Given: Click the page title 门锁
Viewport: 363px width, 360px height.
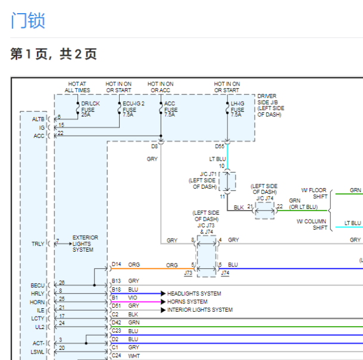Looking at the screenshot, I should click(x=28, y=20).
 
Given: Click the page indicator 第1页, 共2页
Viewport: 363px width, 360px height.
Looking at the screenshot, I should click(x=54, y=55).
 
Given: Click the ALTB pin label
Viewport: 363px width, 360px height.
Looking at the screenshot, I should click(x=39, y=119).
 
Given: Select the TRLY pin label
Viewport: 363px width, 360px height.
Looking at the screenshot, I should click(x=37, y=243).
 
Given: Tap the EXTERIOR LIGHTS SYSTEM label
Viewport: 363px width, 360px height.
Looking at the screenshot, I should click(x=85, y=243).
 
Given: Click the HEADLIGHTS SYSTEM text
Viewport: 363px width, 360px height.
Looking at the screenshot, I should click(x=194, y=293).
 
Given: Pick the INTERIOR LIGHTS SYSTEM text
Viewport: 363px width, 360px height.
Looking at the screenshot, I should click(x=200, y=310).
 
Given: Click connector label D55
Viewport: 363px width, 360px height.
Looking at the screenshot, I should click(x=220, y=146).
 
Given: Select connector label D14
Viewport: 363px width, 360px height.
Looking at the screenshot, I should click(x=117, y=264).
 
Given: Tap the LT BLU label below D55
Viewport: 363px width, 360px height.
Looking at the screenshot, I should click(x=217, y=159).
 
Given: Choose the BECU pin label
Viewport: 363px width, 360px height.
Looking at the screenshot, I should click(x=37, y=286).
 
